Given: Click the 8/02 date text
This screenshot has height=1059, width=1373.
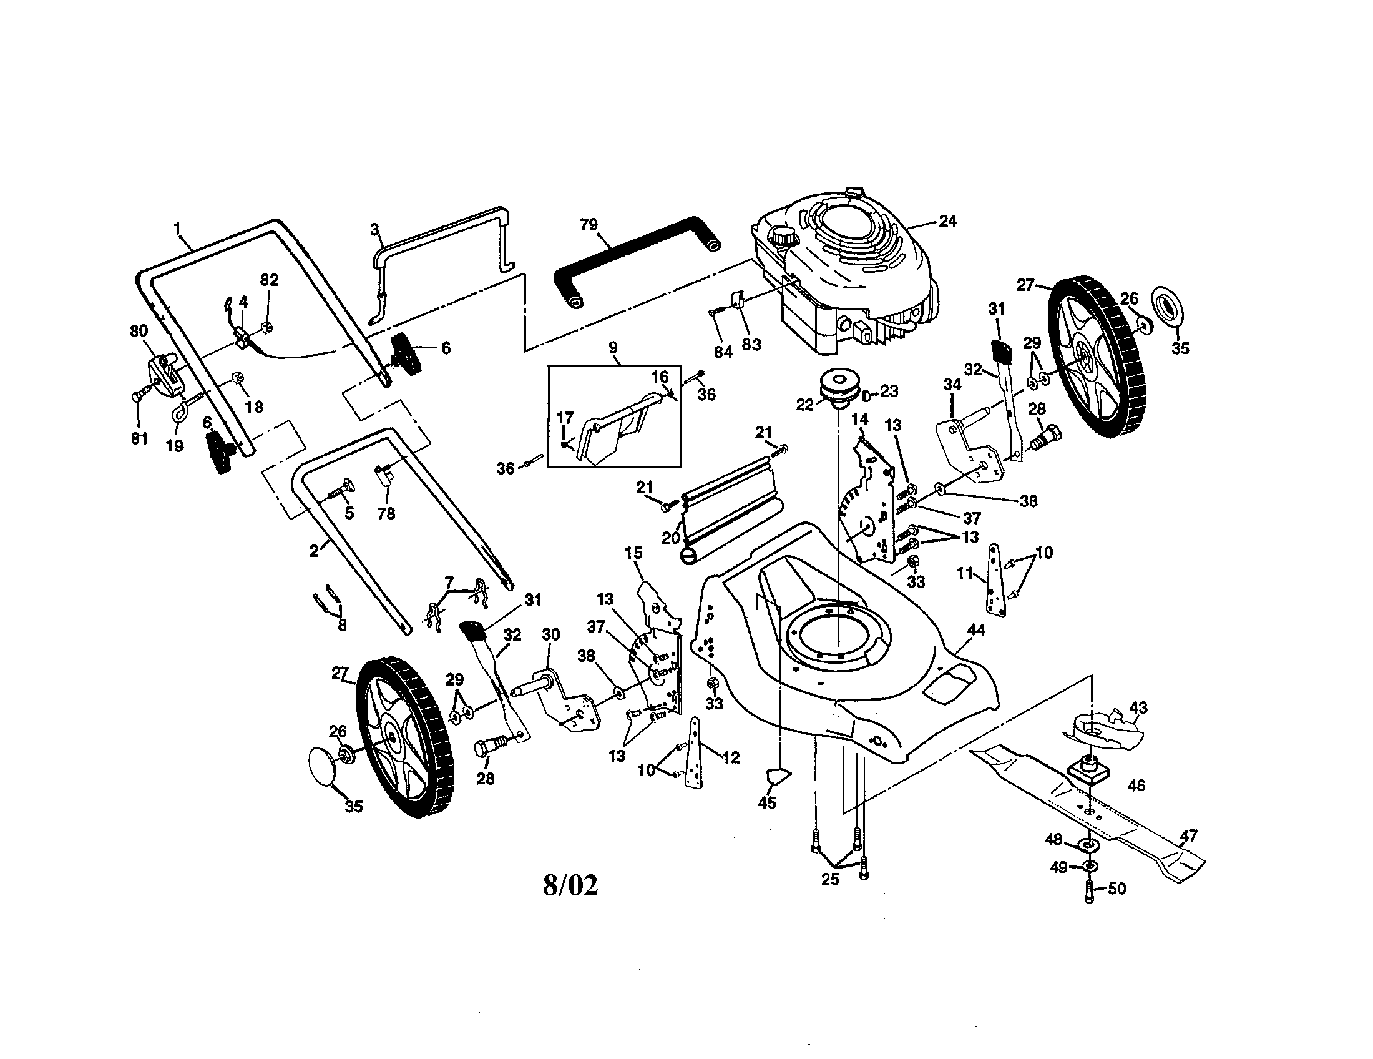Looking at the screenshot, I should tap(570, 885).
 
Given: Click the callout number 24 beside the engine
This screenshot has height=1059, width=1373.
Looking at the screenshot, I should tap(947, 221).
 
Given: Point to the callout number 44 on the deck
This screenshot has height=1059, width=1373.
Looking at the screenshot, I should tap(976, 629).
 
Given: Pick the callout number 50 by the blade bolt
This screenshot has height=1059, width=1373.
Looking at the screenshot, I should tap(1116, 889).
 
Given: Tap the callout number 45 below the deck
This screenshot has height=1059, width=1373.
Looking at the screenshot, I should tap(767, 802).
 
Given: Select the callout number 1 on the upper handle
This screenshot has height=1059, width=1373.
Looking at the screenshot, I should tap(177, 227).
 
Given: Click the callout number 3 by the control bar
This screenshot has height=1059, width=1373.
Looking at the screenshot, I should tap(374, 229).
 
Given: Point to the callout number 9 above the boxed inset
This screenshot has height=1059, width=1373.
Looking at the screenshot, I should tap(613, 347).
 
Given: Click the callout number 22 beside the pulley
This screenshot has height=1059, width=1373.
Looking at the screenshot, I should tap(804, 405).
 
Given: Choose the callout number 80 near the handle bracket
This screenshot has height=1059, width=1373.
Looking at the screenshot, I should tap(139, 331).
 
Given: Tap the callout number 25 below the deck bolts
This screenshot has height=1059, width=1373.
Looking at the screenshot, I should tap(830, 879).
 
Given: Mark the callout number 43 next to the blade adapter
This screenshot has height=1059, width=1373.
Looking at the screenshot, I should tap(1138, 707).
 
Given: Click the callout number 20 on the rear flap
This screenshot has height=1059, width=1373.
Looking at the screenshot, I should tap(670, 538).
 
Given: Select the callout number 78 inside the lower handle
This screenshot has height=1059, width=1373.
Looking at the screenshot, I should tap(386, 513).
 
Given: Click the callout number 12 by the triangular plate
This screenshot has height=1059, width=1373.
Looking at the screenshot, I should tap(731, 757).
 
